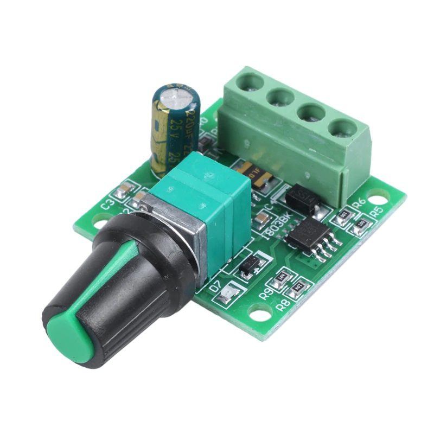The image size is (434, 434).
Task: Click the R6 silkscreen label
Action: (x=359, y=203)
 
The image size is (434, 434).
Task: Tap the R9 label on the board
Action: (x=266, y=293)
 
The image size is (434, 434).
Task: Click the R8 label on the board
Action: (x=283, y=304)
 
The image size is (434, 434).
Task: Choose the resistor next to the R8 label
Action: (x=297, y=287)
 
